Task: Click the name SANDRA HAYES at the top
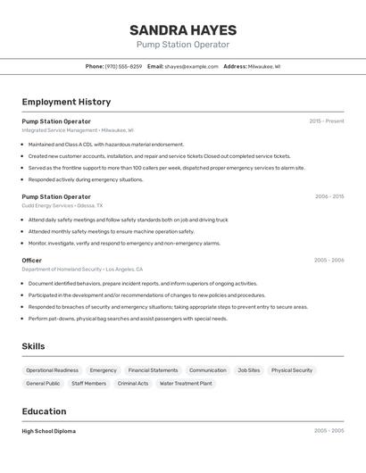tap(182, 29)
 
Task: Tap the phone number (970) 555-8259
tap(123, 66)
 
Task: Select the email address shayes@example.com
tap(191, 66)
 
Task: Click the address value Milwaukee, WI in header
tap(264, 66)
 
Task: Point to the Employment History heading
tap(66, 102)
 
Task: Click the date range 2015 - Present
tap(326, 121)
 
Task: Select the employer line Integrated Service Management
tap(60, 130)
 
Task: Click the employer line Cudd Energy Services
tap(47, 205)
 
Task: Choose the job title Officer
tap(32, 261)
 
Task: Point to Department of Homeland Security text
tap(62, 270)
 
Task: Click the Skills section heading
tap(33, 346)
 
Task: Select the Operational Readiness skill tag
tap(52, 370)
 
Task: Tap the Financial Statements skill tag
tap(153, 370)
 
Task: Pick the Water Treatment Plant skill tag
tap(186, 384)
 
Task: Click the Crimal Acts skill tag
tap(132, 384)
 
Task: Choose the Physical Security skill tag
tap(292, 370)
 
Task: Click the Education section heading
tap(44, 411)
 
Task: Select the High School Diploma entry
tap(48, 431)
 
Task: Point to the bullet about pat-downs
tap(128, 319)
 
